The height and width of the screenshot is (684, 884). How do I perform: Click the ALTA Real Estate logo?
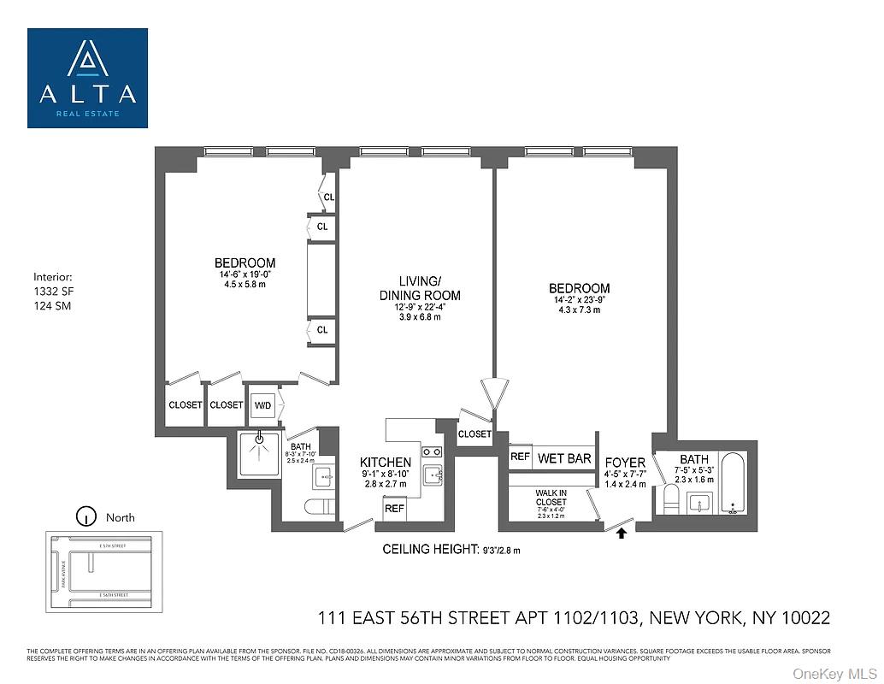(87, 78)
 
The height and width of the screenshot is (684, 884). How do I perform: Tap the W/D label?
(262, 404)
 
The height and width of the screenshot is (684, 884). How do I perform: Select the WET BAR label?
(564, 459)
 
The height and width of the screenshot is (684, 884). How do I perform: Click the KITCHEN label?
(386, 463)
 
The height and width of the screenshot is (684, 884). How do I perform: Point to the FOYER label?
(625, 463)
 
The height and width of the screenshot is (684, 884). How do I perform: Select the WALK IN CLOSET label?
(551, 497)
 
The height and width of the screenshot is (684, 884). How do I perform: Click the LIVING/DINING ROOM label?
(432, 289)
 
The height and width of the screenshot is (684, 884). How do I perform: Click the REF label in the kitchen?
(394, 509)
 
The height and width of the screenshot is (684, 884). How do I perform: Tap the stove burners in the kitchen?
(432, 451)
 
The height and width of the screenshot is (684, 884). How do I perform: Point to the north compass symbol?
(85, 516)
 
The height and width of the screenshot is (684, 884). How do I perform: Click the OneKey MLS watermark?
(834, 674)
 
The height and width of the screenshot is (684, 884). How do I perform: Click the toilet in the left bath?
(319, 507)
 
